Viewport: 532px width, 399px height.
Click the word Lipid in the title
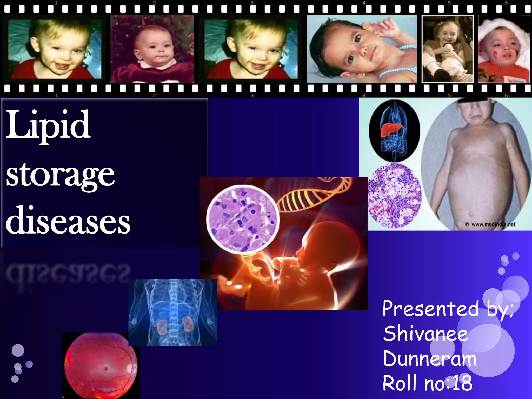48,125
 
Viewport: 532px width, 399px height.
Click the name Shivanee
425,334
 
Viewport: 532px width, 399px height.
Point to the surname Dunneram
430,358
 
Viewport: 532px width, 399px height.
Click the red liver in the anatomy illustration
391,129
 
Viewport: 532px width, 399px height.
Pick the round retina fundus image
101,365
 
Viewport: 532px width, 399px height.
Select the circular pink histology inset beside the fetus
243,219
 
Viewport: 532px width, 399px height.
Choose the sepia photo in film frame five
447,49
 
